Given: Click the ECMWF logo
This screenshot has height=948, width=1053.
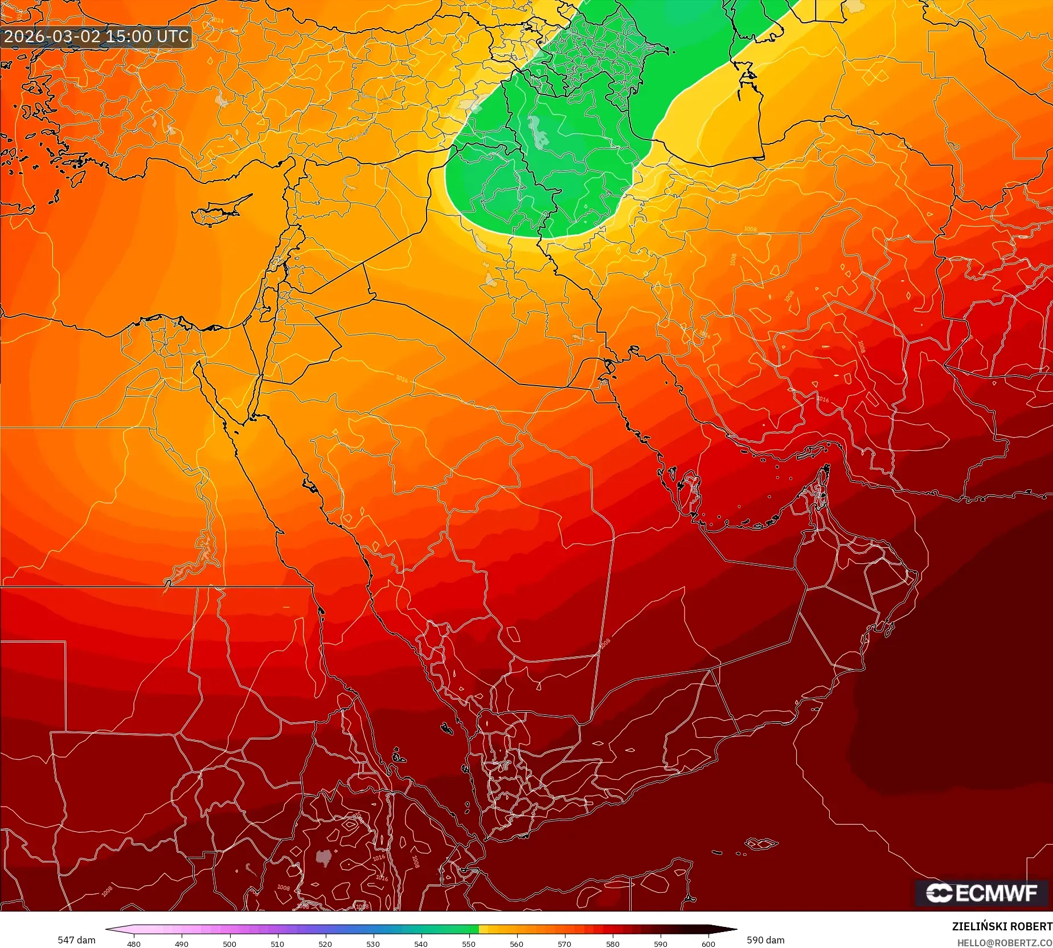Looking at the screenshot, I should click(x=981, y=893).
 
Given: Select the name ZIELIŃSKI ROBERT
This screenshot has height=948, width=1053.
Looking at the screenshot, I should click(x=1002, y=926).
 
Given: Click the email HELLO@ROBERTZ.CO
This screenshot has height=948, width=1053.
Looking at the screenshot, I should click(x=1004, y=943).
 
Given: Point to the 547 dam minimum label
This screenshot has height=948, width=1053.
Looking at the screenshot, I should click(x=76, y=940).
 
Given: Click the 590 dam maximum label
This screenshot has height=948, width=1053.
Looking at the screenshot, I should click(x=765, y=940).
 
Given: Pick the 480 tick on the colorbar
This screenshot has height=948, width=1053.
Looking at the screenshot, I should click(x=134, y=944).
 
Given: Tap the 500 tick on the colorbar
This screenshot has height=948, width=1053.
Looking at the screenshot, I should click(x=230, y=944).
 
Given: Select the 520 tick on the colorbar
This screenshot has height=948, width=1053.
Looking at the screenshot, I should click(x=325, y=944).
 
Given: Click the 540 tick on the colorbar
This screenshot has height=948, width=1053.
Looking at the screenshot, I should click(x=421, y=944).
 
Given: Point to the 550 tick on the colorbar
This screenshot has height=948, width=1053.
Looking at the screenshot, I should click(x=469, y=944).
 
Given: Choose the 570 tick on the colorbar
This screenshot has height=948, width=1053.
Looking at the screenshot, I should click(x=564, y=944).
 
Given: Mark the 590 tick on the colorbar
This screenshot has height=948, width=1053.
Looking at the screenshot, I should click(x=661, y=944).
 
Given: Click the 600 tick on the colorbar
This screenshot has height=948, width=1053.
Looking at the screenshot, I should click(x=708, y=944).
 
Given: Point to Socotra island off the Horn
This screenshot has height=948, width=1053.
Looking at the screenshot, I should click(x=760, y=843).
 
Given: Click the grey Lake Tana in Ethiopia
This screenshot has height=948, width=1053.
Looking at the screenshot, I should click(x=323, y=857).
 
